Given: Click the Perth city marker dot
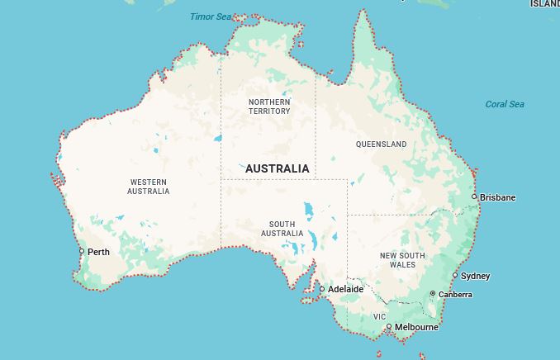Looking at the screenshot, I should (82, 252).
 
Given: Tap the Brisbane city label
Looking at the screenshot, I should (497, 197).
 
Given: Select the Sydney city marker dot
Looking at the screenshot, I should (455, 276).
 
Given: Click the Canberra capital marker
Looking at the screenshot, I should (433, 294).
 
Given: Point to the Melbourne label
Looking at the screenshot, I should (416, 327).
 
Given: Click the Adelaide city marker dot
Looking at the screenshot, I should (322, 289).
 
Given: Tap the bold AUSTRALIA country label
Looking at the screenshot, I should (278, 168).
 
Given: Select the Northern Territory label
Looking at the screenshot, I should (269, 107).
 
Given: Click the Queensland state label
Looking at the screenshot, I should (381, 144).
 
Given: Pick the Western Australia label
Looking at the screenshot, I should (148, 187).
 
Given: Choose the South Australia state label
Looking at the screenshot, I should (282, 229).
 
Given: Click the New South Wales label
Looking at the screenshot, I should (402, 260).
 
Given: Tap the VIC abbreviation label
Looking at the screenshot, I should (379, 317).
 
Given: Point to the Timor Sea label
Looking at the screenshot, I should (211, 17).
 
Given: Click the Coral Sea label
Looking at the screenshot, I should (505, 104).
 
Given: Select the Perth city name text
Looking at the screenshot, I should (98, 252).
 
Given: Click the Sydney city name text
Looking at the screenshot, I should (475, 276).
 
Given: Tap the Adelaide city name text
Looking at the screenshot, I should (345, 289).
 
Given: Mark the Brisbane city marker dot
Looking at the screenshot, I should (474, 197).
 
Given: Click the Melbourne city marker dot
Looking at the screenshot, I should (389, 327).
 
